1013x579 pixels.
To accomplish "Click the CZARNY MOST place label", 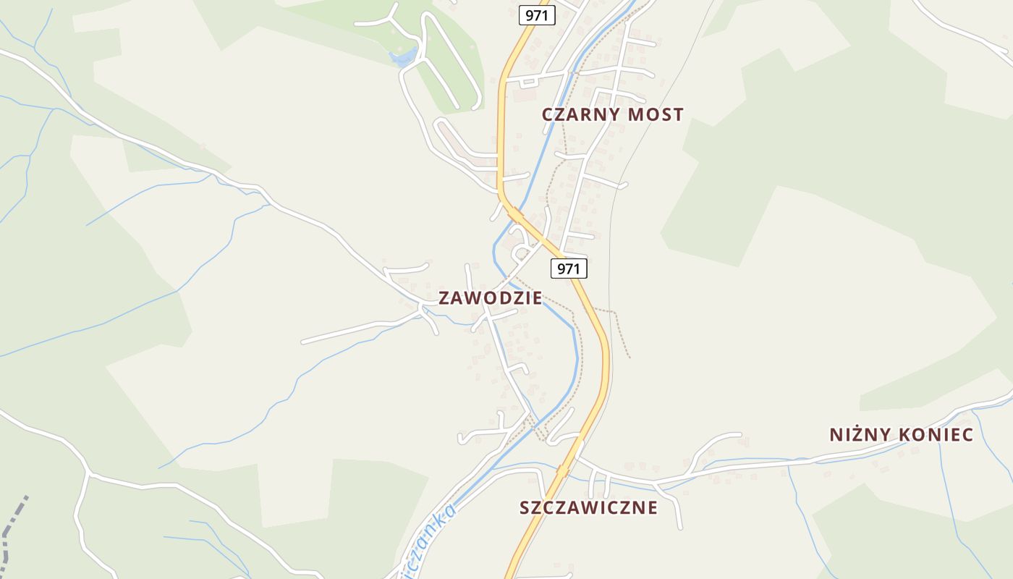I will click(612, 114).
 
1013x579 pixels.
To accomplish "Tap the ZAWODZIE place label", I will click(490, 298).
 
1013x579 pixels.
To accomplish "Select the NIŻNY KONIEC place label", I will click(901, 434).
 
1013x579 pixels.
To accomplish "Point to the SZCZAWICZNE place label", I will click(588, 507).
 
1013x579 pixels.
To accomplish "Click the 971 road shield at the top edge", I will click(536, 15).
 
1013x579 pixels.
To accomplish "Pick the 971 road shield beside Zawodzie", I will click(569, 269).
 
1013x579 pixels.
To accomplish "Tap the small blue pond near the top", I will click(403, 57).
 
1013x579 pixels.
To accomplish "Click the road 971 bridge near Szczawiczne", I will click(563, 470).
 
